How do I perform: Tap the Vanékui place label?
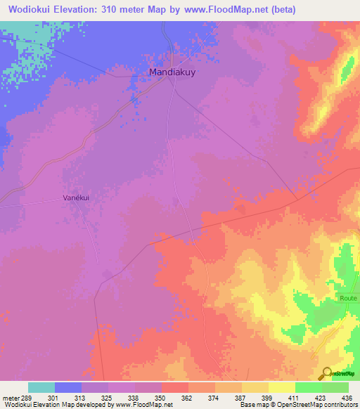[x=78, y=199]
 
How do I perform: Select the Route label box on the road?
[x=348, y=298]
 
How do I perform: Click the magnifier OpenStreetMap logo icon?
[x=326, y=373]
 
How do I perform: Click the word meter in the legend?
[x=11, y=397]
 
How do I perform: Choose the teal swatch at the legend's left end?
[x=41, y=387]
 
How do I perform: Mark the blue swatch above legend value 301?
[x=68, y=387]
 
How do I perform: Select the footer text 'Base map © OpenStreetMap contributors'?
[x=297, y=405]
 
